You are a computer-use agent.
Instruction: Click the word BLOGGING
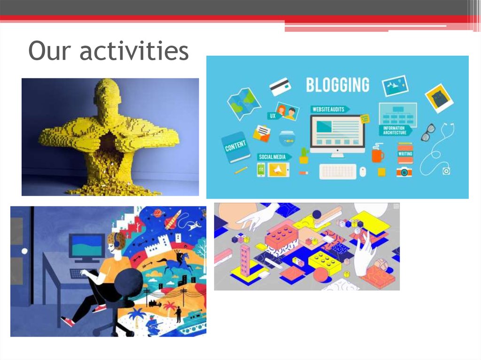pos(337,85)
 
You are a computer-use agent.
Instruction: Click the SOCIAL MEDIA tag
pos(273,156)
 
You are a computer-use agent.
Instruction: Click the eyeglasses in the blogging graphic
pos(428,132)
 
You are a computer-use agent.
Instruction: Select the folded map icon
pos(244,100)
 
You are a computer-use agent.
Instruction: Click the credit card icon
pos(280,86)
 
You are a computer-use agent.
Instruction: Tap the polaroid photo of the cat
pos(439,98)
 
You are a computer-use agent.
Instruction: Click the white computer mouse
pos(363,172)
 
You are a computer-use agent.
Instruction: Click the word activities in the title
pos(134,51)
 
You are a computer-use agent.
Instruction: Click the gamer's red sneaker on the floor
pos(68,322)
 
